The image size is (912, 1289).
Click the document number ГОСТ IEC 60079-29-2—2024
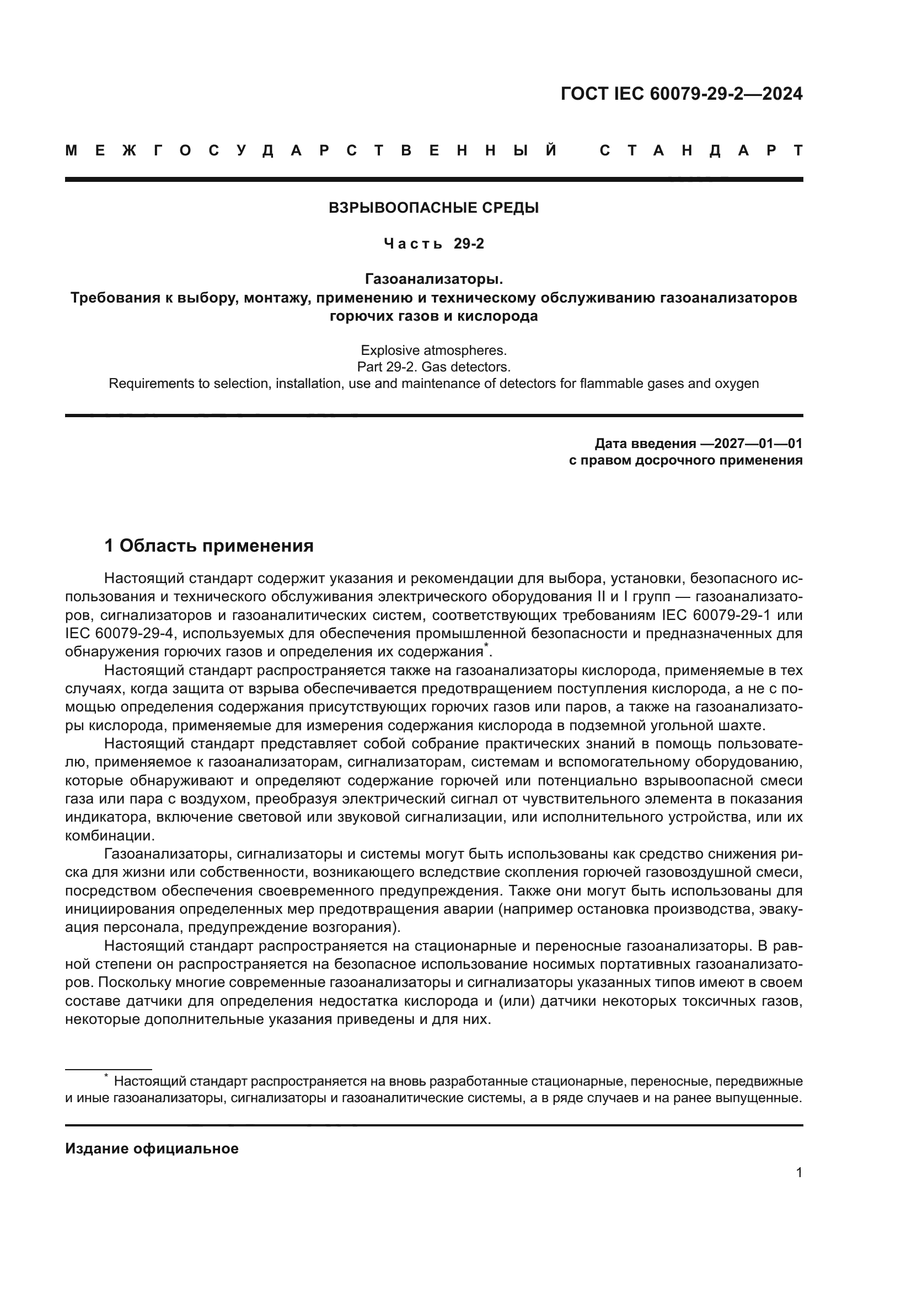coord(681,94)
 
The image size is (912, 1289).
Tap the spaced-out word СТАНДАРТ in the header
coord(701,151)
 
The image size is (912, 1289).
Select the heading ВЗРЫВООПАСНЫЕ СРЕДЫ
coord(433,208)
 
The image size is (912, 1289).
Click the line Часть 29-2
coord(433,244)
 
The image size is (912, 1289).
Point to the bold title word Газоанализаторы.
coord(433,278)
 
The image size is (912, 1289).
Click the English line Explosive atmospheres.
coord(433,350)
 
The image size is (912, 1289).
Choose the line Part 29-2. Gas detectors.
coord(433,367)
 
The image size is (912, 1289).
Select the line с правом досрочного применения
coord(686,461)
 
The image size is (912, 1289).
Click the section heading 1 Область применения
coord(209,546)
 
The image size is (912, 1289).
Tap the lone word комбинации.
coord(110,835)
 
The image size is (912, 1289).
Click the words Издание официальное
coord(152,1148)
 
